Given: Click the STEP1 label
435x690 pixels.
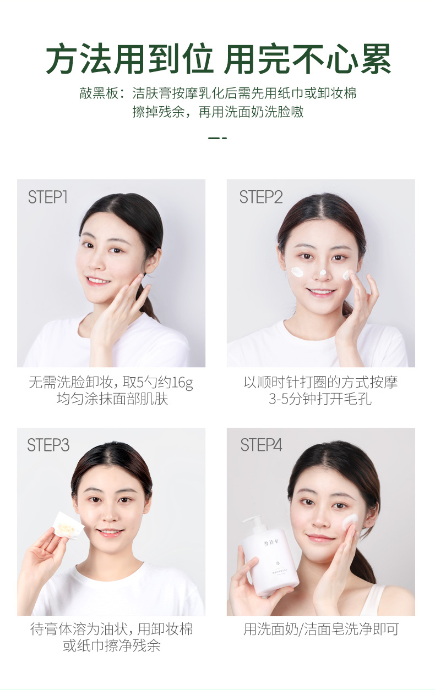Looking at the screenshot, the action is point(47,197).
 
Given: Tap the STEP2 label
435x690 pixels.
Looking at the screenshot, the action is point(260,197).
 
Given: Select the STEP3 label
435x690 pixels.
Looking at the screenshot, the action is point(48,445).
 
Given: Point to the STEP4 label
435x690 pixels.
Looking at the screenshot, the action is point(261,445).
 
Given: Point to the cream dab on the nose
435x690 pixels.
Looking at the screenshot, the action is point(323,272).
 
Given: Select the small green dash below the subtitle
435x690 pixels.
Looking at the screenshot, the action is point(218,138).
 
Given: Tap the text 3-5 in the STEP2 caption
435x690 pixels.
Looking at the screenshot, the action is point(278,400).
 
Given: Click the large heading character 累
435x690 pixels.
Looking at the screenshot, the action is point(374,58).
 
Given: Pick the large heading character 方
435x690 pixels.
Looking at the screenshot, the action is point(62,58).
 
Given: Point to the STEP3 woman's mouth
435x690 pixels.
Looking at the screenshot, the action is point(110,533).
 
